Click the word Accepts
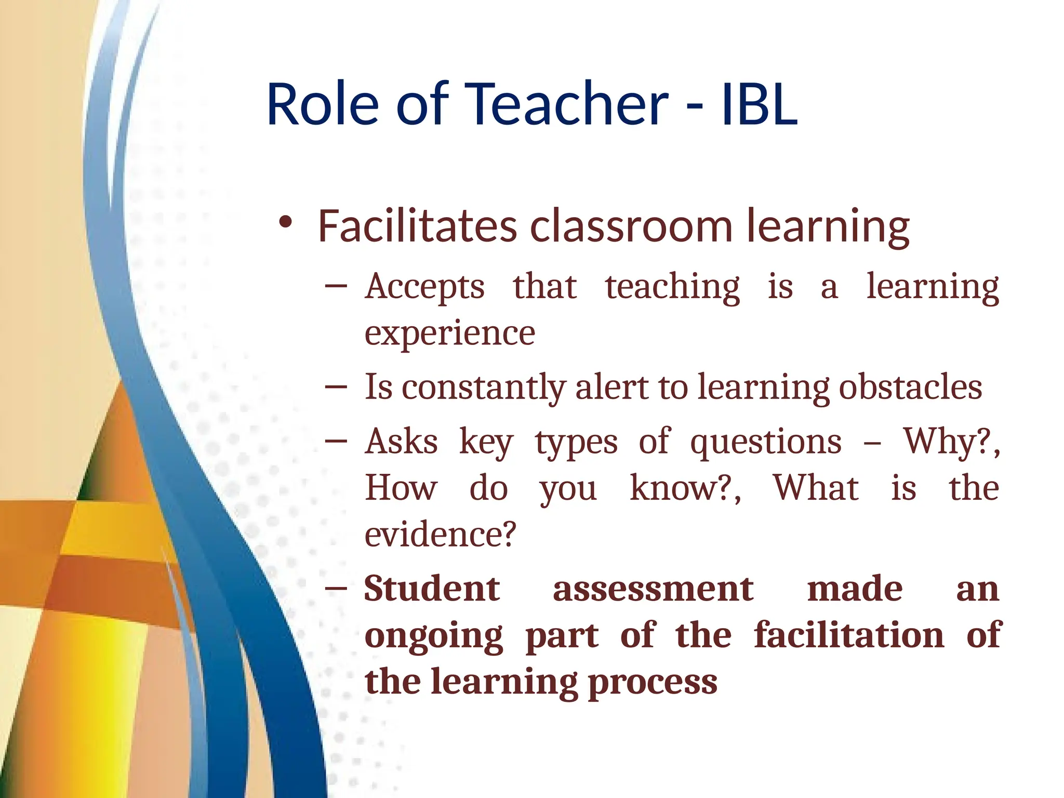click(x=424, y=287)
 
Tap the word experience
click(x=449, y=334)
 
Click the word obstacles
click(x=910, y=387)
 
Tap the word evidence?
click(x=441, y=535)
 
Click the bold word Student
click(x=432, y=589)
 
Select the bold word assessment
click(x=653, y=590)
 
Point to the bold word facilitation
click(x=849, y=635)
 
